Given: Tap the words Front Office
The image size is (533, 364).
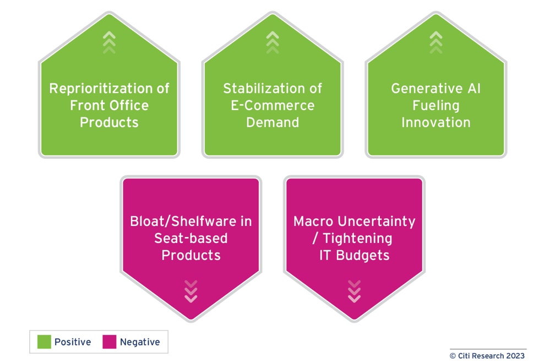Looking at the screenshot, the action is (109, 105).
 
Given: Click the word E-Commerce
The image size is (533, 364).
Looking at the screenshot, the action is (273, 105).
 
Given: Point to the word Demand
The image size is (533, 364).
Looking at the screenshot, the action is (273, 122).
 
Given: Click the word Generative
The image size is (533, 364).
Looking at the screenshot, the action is (427, 89).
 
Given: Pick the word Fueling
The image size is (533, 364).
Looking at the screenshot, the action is (436, 106).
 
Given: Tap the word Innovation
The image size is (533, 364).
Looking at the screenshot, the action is (436, 122).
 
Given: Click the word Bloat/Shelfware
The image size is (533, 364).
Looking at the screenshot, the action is (183, 222).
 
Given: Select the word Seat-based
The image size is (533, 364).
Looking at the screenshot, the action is (191, 239).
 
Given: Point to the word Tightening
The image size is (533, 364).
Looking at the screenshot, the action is (357, 239).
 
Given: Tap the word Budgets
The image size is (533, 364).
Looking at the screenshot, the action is (363, 256).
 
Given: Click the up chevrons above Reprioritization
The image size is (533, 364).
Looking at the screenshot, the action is (109, 42).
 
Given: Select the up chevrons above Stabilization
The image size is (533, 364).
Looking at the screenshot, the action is (273, 42).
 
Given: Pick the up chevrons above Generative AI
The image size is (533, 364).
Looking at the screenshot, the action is (436, 42).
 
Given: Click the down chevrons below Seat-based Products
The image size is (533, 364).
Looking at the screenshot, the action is (191, 291).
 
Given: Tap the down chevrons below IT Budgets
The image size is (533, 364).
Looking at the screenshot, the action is (354, 291).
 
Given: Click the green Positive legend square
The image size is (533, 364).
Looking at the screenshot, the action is (44, 342).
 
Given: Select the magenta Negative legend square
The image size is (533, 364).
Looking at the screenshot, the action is (110, 342).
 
